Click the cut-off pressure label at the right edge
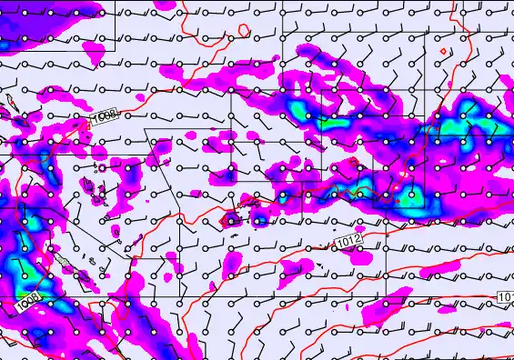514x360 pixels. (x=506, y=298)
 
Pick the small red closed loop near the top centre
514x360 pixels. (x=245, y=30)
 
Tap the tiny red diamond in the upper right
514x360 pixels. (x=442, y=51)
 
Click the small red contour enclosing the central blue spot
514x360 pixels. (x=231, y=218)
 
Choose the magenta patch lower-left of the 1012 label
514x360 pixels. (x=296, y=268)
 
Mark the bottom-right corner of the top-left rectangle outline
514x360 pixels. (x=116, y=50)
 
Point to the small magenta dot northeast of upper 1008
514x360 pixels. (x=140, y=95)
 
